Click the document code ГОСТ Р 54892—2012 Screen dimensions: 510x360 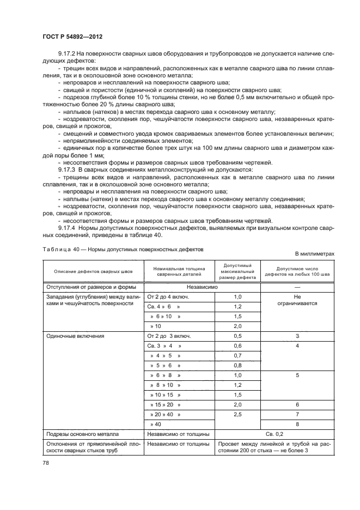click(x=72, y=36)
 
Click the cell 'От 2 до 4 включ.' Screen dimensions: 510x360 click(x=168, y=296)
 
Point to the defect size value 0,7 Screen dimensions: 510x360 click(x=237, y=355)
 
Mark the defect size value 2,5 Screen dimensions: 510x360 click(x=237, y=414)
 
